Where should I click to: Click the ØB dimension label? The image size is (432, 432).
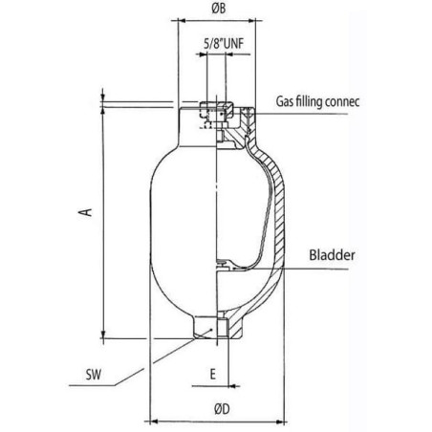[x=219, y=9]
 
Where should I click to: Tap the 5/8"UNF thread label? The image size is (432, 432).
[x=224, y=44]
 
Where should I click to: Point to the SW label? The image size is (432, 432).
[x=94, y=375]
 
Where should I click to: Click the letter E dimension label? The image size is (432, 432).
[x=213, y=374]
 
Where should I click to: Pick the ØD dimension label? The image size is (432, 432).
[x=222, y=409]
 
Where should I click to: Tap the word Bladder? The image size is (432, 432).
[x=332, y=255]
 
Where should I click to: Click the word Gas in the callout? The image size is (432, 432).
[x=284, y=101]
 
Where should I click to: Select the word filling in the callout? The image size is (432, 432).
[x=309, y=101]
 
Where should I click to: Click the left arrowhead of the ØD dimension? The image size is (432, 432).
[x=154, y=421]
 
